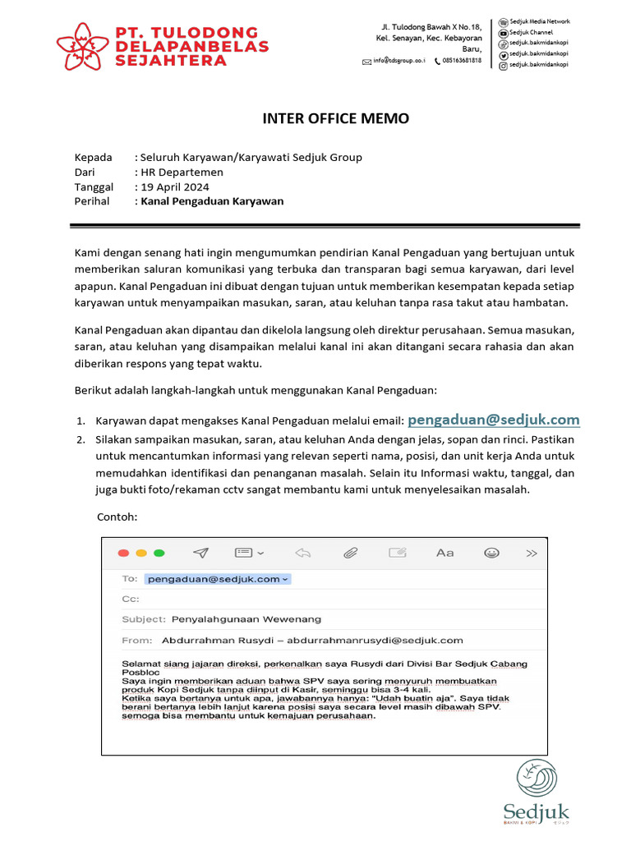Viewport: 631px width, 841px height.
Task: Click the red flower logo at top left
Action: (x=82, y=45)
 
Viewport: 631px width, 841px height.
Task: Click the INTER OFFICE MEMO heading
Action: (x=335, y=118)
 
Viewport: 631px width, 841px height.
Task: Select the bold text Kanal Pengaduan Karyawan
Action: (x=212, y=201)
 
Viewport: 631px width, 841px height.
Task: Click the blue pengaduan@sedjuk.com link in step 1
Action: (x=494, y=420)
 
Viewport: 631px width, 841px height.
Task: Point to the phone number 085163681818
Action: (x=462, y=61)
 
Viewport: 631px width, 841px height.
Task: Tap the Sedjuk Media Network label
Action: (x=539, y=21)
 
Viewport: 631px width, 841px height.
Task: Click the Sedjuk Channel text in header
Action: (x=531, y=32)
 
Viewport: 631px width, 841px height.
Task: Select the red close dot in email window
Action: (x=123, y=553)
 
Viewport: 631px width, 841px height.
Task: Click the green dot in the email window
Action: (x=159, y=553)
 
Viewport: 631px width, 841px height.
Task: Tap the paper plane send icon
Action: (x=200, y=553)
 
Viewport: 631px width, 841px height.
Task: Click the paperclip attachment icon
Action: (x=350, y=553)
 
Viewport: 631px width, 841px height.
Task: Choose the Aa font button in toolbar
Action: (x=444, y=553)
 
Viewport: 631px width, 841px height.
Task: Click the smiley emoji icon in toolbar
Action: (x=492, y=553)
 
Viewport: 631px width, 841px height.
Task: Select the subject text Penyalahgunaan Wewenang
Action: (x=246, y=618)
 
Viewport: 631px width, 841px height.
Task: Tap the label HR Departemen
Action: (x=182, y=172)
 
